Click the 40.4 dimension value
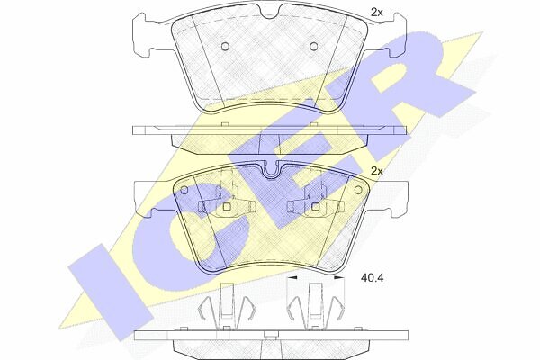(x=372, y=278)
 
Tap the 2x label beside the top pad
(x=377, y=13)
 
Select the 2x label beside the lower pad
(x=377, y=171)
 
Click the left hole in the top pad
(x=225, y=46)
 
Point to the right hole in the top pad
(x=313, y=46)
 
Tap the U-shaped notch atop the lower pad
(x=272, y=171)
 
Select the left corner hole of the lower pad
(x=184, y=190)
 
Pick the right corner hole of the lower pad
(x=358, y=190)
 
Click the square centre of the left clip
(x=227, y=206)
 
